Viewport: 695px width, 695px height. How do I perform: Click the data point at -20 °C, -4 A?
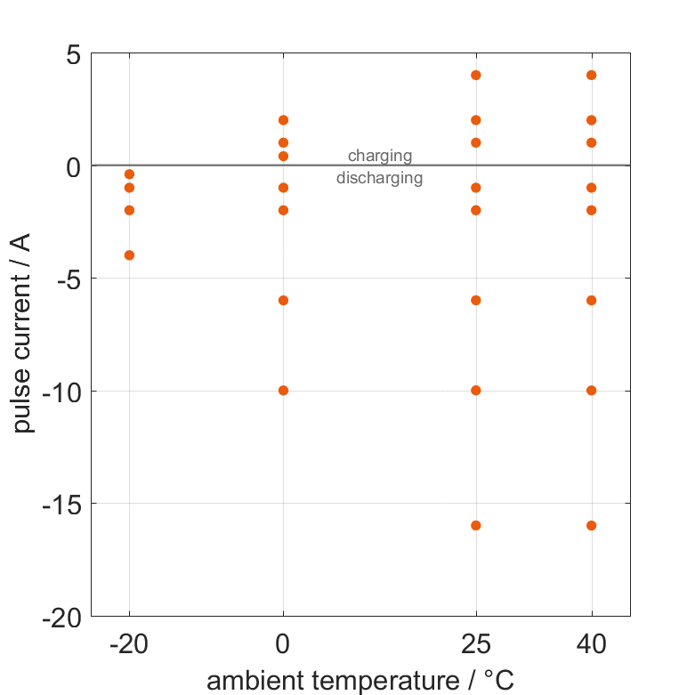129,255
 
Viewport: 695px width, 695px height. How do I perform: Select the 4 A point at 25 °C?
476,75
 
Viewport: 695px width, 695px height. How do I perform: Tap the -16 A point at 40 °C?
591,526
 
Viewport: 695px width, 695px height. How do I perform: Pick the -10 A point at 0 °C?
283,391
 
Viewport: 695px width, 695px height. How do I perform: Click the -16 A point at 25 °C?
476,526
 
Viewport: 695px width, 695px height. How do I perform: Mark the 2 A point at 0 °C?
283,120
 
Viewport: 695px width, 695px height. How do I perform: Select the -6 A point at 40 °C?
591,301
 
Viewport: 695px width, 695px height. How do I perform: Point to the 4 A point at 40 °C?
591,75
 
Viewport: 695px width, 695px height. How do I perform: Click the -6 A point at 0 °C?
283,301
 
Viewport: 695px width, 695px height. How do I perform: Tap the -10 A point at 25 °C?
476,391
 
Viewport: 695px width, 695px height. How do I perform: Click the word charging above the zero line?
380,156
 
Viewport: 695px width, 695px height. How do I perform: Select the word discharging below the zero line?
380,178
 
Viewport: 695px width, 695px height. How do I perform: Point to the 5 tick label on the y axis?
73,54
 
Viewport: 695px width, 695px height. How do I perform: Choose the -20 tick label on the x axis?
129,643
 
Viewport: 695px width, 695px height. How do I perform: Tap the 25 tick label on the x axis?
476,643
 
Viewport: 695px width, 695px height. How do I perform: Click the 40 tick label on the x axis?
591,643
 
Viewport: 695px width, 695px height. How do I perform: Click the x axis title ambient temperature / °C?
360,681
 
